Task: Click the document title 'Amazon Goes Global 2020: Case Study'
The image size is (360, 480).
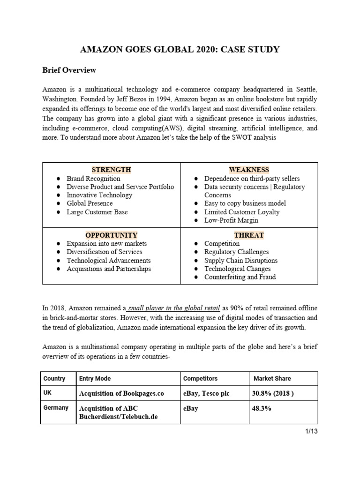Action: (180, 49)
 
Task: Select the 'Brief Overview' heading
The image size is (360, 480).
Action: (69, 70)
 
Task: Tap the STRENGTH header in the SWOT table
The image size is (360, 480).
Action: (111, 170)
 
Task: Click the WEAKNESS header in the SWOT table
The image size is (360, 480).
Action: (249, 170)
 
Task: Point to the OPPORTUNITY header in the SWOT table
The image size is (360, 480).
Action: (111, 235)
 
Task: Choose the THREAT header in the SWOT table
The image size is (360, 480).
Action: (249, 235)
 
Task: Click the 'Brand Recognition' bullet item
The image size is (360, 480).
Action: (93, 179)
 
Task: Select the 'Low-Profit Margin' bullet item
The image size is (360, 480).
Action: (228, 220)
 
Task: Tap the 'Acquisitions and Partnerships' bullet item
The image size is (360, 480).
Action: (109, 269)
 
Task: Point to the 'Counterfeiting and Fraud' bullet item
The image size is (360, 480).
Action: (240, 277)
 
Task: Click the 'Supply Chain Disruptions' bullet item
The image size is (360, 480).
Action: (241, 260)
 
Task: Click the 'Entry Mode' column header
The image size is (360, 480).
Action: (95, 378)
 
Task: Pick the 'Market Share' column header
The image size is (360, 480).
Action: (272, 378)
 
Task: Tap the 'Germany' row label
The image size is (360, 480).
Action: (56, 408)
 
